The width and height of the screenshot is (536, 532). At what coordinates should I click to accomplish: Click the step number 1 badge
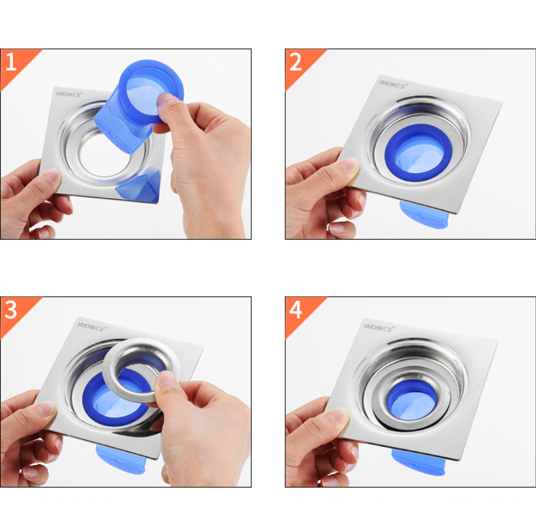11,62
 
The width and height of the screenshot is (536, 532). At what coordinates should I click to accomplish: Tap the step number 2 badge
296,62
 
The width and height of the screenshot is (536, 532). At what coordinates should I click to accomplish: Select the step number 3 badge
11,310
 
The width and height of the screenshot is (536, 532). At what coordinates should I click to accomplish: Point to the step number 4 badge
296,310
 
